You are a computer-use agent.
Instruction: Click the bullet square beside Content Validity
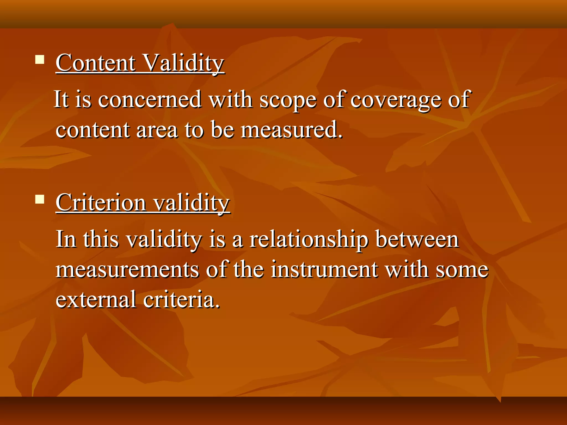[40, 59]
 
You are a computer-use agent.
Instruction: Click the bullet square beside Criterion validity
[40, 199]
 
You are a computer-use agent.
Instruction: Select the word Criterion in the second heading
[101, 203]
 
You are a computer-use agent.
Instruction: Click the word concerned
[150, 100]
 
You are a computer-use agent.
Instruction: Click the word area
[157, 130]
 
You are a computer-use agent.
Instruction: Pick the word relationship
[309, 240]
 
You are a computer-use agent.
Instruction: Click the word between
[417, 239]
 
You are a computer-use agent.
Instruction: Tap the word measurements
[127, 270]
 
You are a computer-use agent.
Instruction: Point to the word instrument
[324, 270]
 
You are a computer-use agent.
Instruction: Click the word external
[96, 300]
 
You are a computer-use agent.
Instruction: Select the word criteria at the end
[181, 300]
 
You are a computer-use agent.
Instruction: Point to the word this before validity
[101, 239]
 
